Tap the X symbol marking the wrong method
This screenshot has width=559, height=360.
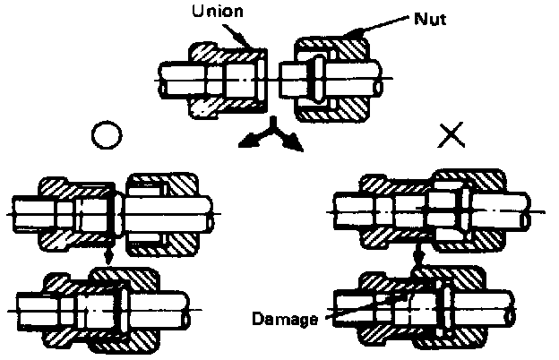pos(452,134)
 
